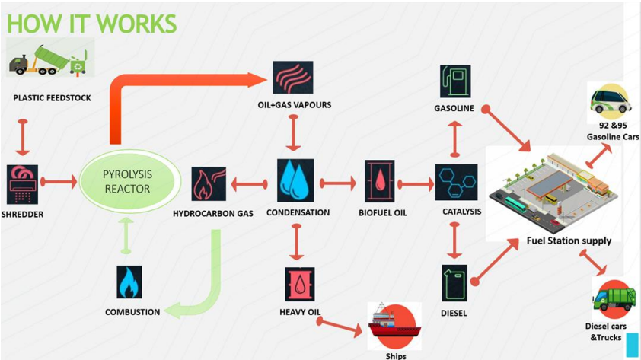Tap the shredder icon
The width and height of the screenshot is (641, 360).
tap(22, 183)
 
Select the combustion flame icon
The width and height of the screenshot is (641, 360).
tap(129, 282)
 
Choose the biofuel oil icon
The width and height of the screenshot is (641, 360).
tap(379, 182)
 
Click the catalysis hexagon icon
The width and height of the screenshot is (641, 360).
tap(456, 182)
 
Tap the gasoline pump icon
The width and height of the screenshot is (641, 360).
tap(454, 81)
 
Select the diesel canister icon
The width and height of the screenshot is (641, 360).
tap(454, 282)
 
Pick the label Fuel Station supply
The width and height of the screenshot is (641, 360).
tap(568, 241)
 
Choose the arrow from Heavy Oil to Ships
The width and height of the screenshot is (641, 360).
tap(340, 323)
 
